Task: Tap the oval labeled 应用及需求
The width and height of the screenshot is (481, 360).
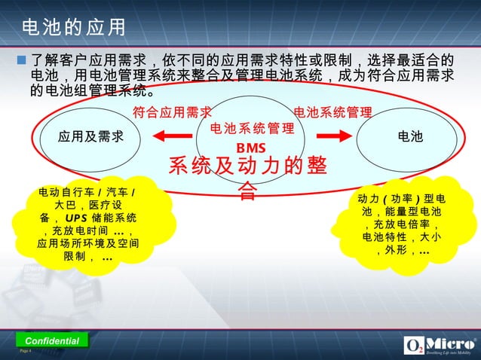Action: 90,136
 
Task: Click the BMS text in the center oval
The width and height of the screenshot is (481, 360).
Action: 251,147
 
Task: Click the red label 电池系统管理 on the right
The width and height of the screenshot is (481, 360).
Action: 332,113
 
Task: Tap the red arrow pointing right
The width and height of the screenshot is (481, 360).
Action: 329,136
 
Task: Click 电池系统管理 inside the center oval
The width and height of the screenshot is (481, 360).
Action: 251,129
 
